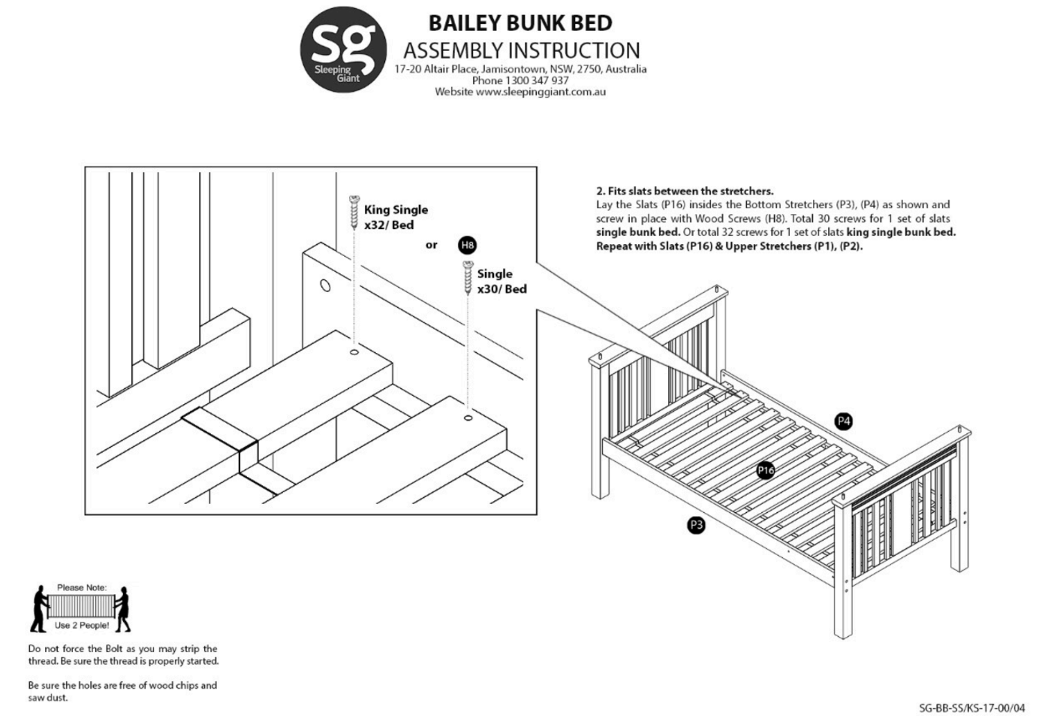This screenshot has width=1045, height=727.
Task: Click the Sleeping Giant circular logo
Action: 344,49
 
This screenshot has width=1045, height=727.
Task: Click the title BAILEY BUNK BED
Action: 520,23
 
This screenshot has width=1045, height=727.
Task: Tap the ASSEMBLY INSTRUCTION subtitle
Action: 522,50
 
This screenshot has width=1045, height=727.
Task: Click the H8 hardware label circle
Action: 467,245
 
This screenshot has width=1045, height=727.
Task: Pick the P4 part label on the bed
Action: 844,421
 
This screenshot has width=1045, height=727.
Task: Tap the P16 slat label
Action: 765,470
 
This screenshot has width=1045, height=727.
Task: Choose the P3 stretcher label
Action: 696,525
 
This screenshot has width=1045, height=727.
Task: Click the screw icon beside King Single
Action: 353,211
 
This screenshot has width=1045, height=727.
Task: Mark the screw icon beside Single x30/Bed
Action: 468,276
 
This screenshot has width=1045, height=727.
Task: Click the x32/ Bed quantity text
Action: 389,225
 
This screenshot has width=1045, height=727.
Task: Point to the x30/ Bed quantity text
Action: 502,289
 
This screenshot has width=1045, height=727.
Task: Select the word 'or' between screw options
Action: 431,245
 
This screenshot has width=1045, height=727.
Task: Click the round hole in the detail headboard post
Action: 325,285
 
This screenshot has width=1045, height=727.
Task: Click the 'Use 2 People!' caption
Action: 81,625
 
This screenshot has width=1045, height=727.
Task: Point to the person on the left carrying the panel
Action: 39,608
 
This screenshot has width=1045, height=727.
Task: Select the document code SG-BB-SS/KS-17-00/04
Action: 971,708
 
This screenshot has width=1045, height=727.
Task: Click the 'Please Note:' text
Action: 82,587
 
